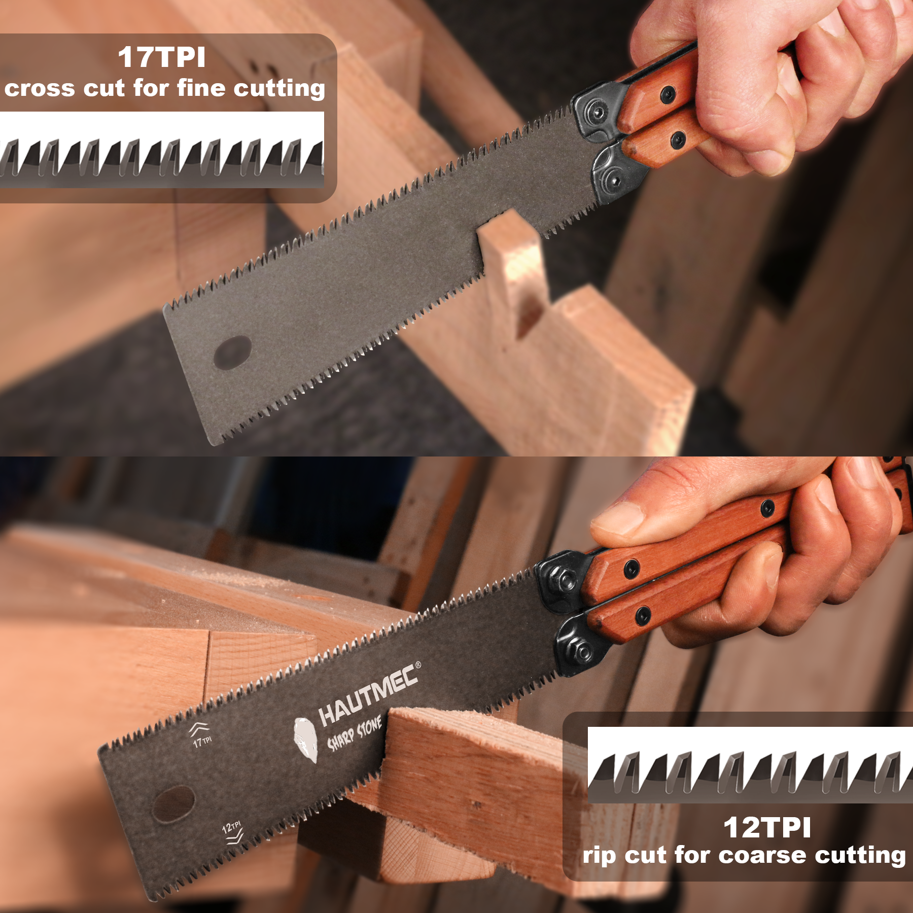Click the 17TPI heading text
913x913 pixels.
(162, 57)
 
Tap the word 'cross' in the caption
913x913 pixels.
(40, 89)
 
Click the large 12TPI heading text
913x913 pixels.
(767, 828)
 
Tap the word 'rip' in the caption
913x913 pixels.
(600, 856)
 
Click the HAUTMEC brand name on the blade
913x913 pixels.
(368, 694)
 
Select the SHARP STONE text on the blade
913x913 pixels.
(354, 733)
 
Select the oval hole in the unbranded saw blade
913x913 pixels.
(233, 353)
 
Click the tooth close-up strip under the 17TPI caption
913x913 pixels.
(162, 150)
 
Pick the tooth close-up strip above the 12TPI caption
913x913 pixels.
(750, 765)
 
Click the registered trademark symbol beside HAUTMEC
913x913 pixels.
(418, 664)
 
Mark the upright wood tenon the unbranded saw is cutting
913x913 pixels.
(512, 274)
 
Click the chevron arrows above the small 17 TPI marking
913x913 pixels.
(198, 729)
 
